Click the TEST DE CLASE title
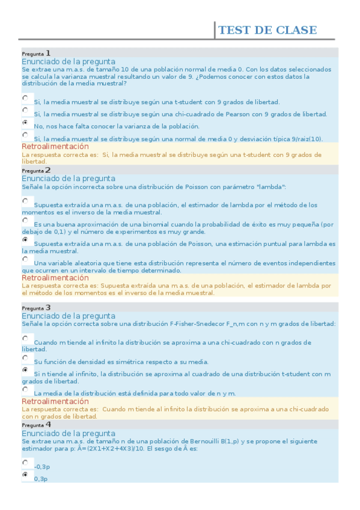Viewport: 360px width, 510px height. (267, 31)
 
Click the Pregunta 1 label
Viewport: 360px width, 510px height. (36, 53)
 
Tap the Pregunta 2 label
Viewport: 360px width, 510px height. (36, 170)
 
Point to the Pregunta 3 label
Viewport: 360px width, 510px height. (36, 308)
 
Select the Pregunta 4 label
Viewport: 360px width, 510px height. (36, 425)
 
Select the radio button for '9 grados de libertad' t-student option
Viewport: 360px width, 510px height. (25, 97)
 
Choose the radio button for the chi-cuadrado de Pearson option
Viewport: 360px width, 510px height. (25, 110)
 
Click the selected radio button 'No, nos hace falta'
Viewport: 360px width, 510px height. (25, 122)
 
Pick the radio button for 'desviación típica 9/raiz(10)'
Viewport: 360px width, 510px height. (25, 135)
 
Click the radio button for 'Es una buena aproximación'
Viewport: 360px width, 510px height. (25, 220)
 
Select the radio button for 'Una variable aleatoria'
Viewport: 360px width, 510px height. (25, 259)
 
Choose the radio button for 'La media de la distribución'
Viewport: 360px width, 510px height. (25, 389)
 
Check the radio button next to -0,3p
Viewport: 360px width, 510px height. (25, 462)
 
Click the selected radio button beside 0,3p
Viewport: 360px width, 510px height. (25, 475)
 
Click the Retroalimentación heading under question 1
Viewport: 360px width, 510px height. (55, 147)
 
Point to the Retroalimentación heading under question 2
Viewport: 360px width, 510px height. (55, 278)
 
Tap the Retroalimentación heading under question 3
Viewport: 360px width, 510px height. (55, 401)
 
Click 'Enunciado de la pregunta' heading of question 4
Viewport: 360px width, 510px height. (68, 433)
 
